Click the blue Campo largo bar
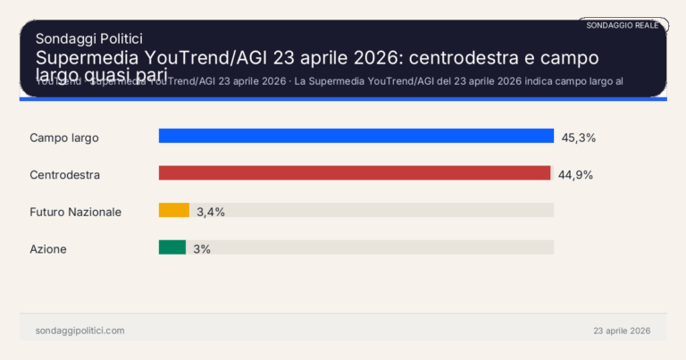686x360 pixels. coord(356,136)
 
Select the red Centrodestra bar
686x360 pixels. coord(354,173)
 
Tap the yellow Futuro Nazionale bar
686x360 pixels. coord(173,211)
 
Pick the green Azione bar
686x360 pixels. coord(171,247)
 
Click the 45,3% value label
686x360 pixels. coord(578,138)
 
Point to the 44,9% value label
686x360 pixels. coord(575,174)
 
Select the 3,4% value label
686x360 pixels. coord(211,212)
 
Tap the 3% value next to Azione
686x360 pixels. coord(202,249)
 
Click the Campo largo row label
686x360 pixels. coord(63,138)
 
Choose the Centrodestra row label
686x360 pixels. coord(64,175)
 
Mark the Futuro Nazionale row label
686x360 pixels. coord(75,212)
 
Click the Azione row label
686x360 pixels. coord(48,249)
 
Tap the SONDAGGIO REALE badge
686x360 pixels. coord(622,25)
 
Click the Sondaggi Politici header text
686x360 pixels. coord(88,38)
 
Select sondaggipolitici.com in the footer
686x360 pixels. coord(79,331)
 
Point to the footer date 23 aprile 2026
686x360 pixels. coord(622,331)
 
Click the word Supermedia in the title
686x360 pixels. coord(83,58)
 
